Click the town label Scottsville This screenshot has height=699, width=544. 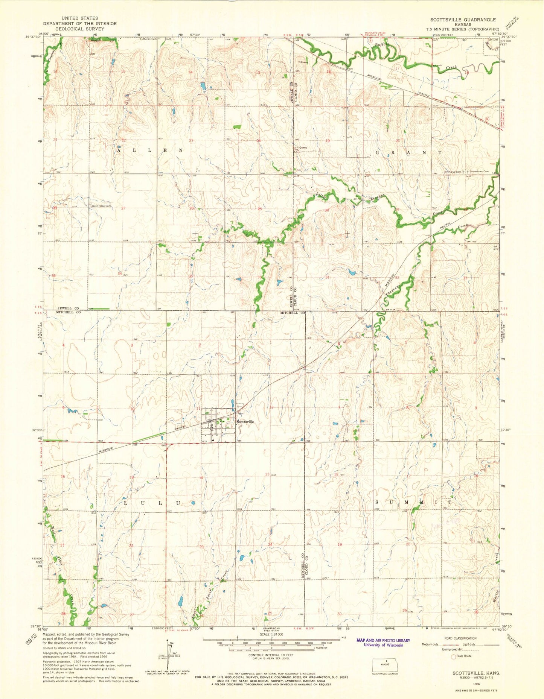pyautogui.click(x=245, y=422)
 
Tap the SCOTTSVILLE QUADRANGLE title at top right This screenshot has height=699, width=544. pyautogui.click(x=463, y=20)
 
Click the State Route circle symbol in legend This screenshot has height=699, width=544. pyautogui.click(x=453, y=656)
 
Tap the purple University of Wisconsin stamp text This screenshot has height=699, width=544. pyautogui.click(x=383, y=645)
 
